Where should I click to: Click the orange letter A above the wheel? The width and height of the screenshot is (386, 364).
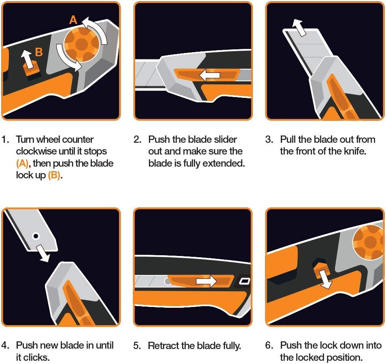73,20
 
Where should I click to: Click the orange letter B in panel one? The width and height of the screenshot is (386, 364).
39,52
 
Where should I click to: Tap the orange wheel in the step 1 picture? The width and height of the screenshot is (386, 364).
82,44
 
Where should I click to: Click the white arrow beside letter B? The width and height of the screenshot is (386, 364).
28,59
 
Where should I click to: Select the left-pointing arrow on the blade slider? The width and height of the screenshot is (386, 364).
210,75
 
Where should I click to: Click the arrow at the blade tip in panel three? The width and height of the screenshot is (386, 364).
299,28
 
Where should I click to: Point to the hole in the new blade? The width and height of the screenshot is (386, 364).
36,236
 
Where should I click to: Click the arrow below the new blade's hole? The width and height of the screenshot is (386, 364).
43,254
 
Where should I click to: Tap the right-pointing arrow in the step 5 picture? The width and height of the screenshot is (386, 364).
206,281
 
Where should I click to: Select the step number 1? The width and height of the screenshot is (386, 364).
5,140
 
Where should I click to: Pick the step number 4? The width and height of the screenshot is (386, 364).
5,345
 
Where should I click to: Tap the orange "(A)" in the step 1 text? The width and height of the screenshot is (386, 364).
22,163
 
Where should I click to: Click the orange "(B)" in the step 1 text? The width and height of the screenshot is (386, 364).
54,175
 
